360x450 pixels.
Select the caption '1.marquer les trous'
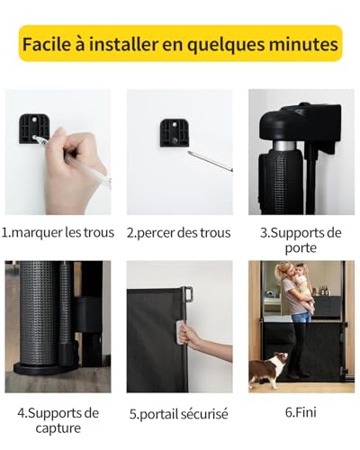point(58,233)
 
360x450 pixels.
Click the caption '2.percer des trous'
point(179,233)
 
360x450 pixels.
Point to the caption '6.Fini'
point(301,412)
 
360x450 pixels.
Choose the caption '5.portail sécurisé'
point(179,414)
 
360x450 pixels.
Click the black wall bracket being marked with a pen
point(33,129)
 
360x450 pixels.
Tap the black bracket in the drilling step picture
point(174,132)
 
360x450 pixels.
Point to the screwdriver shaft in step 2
point(210,162)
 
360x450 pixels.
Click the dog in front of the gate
point(267,371)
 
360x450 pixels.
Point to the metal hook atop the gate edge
point(187,294)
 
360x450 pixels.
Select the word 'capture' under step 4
point(58,428)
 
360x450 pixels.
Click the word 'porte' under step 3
point(301,247)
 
